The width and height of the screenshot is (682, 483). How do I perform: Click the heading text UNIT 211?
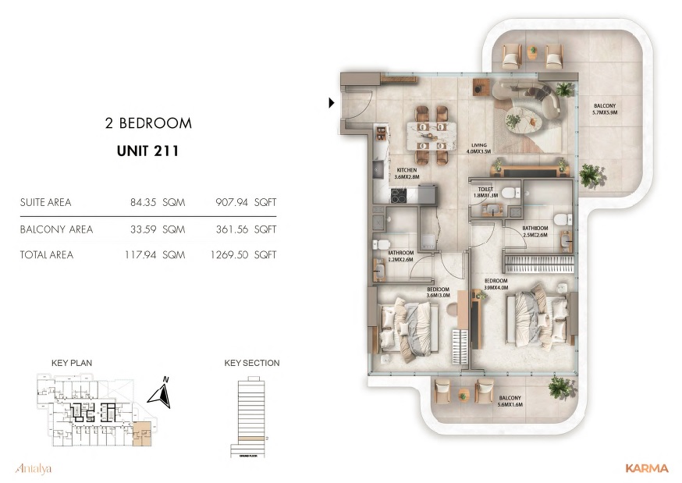tap(142, 151)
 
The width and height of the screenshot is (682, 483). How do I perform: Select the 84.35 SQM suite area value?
tap(157, 202)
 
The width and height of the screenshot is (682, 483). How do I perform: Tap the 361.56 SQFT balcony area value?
tap(246, 229)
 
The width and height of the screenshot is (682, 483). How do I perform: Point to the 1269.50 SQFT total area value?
tap(243, 254)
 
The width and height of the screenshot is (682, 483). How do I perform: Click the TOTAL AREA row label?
tap(47, 254)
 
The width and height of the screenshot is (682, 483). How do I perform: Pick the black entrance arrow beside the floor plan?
tap(332, 101)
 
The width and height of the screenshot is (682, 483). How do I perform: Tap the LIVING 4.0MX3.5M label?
tap(478, 147)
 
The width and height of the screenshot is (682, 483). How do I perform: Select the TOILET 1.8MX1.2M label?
tap(485, 193)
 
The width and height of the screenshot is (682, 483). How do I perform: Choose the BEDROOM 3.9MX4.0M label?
tap(496, 283)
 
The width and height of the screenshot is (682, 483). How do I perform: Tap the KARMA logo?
tap(646, 468)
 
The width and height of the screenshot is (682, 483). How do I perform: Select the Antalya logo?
tap(33, 468)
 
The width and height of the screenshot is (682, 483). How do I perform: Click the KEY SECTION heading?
tap(251, 363)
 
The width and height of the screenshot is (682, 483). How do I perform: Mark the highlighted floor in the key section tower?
tap(247, 439)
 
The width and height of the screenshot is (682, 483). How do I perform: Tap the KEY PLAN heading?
tap(71, 363)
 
